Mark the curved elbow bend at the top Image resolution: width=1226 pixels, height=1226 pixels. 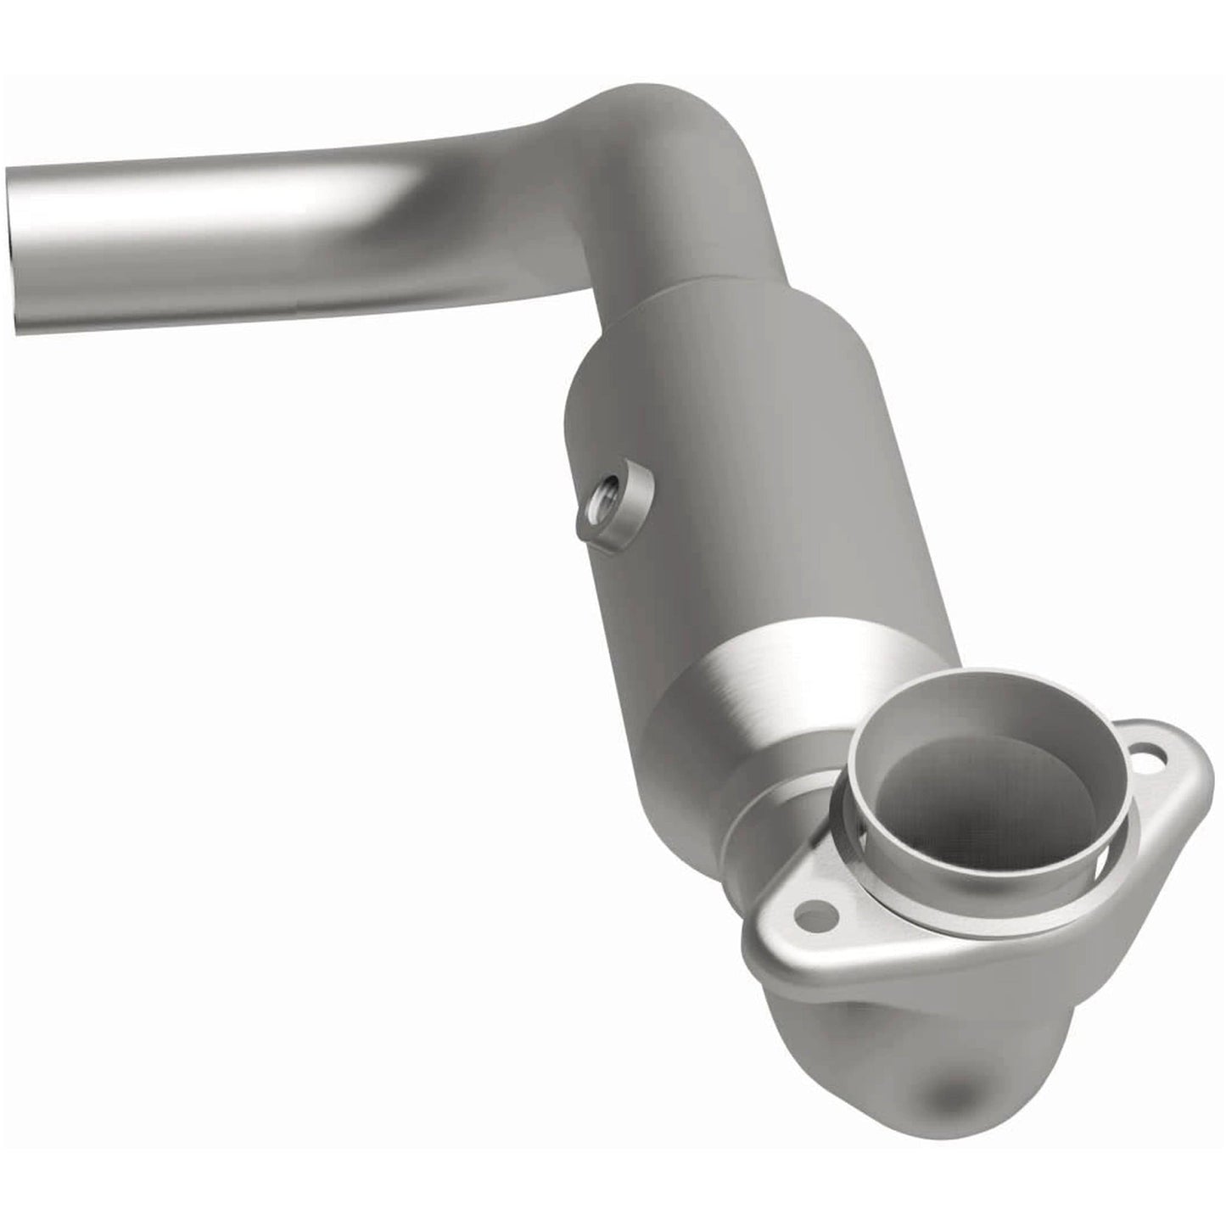pos(670,153)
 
